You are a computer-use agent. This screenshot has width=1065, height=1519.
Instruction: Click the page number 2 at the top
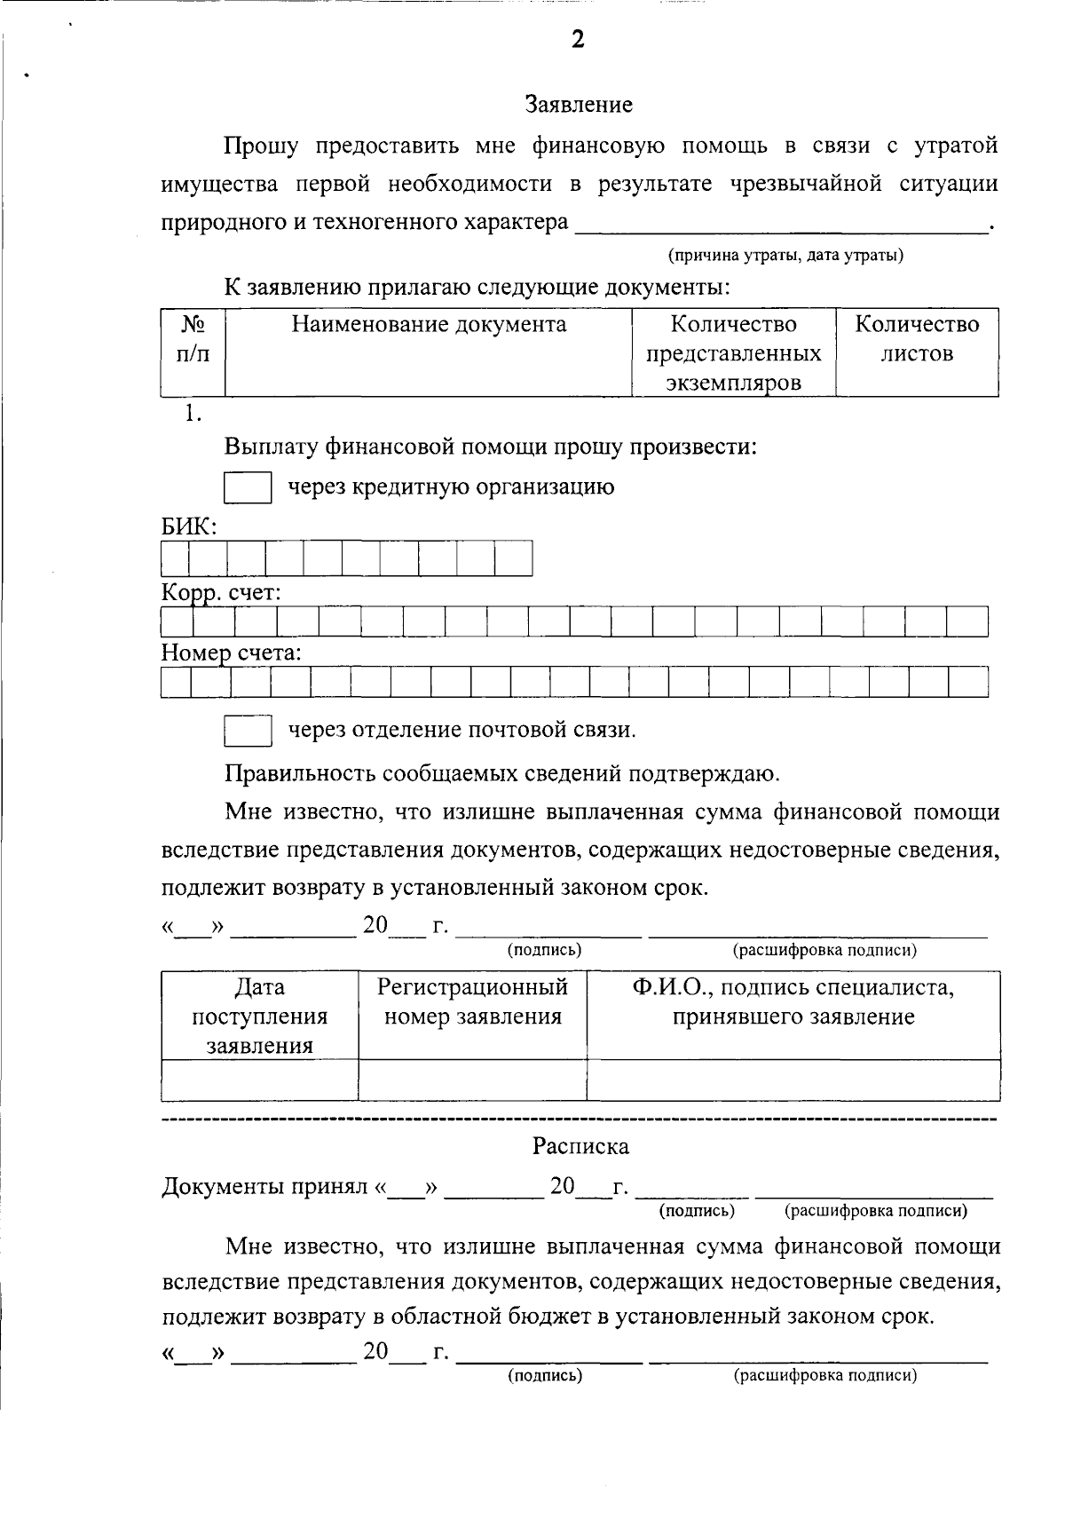coord(578,40)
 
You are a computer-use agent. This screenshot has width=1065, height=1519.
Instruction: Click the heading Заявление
coord(579,105)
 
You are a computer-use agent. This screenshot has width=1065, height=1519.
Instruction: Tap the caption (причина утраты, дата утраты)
coord(785,256)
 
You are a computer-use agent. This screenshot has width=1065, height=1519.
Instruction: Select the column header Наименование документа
coord(429,325)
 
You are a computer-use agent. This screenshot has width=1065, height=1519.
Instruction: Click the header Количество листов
coord(917,338)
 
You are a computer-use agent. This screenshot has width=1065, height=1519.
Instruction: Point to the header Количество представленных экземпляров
coord(733,352)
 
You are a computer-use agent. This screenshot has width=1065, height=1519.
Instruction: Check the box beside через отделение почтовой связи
coord(248,731)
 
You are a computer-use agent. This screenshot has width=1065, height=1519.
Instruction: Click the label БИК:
coord(188,526)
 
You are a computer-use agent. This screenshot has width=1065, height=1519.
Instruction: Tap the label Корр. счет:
coord(221,593)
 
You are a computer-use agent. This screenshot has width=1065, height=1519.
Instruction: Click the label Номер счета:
coord(231,654)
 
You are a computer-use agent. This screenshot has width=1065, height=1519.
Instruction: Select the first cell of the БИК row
coord(175,559)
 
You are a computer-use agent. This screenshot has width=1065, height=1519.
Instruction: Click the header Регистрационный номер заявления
coord(472,1001)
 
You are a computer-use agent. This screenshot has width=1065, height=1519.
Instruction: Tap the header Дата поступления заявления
coord(259,1016)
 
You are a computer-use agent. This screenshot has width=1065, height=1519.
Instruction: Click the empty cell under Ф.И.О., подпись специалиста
coord(793,1080)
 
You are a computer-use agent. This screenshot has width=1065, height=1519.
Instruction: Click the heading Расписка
coord(580,1146)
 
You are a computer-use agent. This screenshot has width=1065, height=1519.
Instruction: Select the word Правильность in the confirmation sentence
coord(300,773)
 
